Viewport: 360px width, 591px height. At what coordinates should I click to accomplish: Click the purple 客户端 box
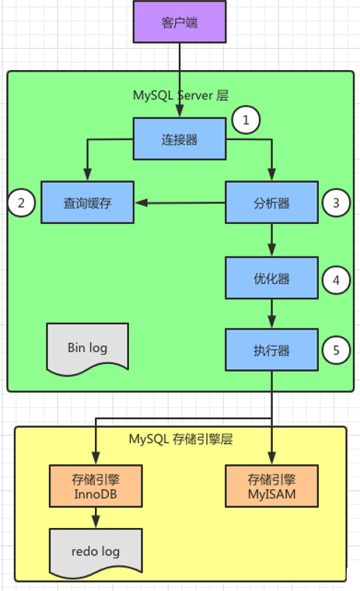tap(180, 22)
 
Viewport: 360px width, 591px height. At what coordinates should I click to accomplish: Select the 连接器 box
tap(180, 138)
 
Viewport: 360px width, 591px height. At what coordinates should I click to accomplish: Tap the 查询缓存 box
tap(87, 202)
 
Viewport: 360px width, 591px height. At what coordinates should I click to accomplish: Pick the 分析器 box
tap(272, 202)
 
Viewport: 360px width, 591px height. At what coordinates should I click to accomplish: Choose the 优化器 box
tap(272, 278)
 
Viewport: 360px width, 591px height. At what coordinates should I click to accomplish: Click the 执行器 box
tap(272, 350)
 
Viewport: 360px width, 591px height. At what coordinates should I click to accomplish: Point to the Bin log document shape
tap(87, 348)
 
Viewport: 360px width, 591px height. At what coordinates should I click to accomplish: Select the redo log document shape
tap(96, 552)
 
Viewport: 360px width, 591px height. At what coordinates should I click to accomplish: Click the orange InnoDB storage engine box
tap(96, 486)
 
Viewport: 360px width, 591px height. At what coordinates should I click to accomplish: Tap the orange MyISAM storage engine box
tap(272, 486)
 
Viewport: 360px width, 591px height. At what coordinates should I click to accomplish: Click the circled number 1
tap(246, 120)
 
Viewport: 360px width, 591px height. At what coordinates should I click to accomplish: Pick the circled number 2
tap(22, 203)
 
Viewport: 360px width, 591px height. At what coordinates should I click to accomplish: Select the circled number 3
tap(336, 203)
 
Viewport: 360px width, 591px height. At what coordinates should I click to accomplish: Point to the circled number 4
tap(336, 280)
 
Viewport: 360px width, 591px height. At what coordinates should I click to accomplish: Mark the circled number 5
tap(336, 350)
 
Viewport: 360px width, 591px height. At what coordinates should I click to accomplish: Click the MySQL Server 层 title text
tap(180, 96)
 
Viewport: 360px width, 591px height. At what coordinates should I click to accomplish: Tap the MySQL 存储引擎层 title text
tap(180, 439)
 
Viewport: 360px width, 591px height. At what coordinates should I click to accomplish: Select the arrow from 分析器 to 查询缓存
tap(180, 203)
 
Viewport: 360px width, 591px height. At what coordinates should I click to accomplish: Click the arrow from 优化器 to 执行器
tap(272, 314)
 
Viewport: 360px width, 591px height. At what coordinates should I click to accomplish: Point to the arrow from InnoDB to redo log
tap(96, 517)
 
